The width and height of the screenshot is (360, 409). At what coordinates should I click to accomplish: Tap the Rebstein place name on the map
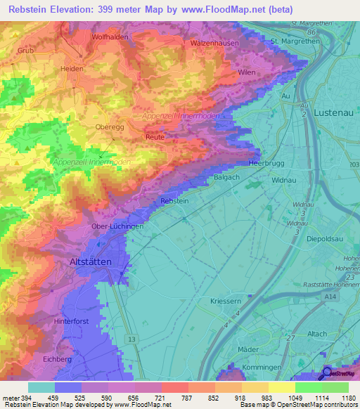pyautogui.click(x=175, y=201)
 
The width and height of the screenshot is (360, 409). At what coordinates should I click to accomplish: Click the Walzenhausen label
pyautogui.click(x=214, y=43)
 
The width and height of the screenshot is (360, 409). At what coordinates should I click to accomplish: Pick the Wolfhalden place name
pyautogui.click(x=109, y=36)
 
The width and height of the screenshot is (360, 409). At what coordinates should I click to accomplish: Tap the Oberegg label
pyautogui.click(x=110, y=127)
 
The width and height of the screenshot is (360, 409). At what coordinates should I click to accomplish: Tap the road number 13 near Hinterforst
pyautogui.click(x=131, y=339)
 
